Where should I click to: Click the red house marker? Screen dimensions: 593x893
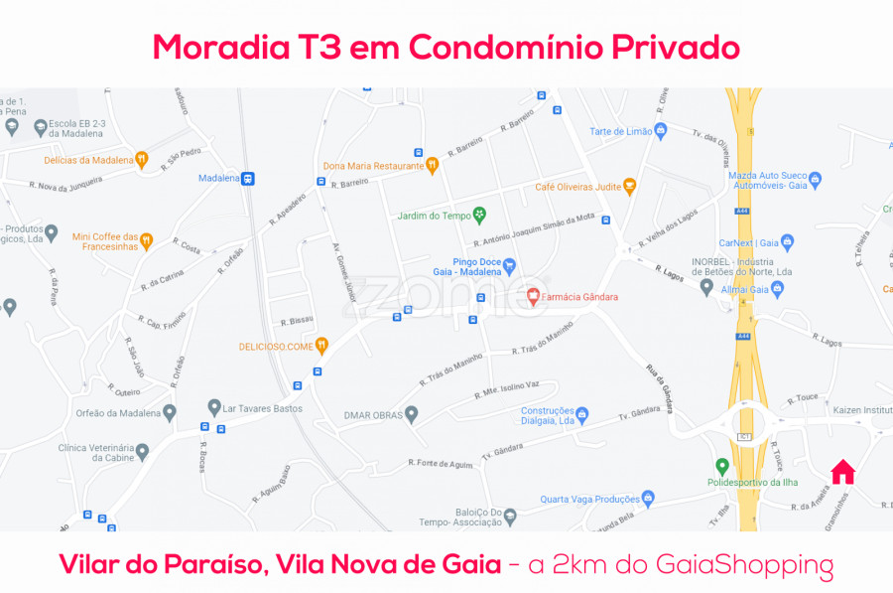click(x=842, y=471)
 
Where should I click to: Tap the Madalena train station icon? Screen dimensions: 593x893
click(x=248, y=179)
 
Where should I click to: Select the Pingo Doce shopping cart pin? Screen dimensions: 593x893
click(x=509, y=265)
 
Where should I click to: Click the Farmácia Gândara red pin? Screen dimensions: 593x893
click(x=533, y=296)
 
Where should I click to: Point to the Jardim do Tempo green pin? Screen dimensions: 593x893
click(x=479, y=215)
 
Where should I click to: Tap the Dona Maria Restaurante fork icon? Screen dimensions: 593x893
click(x=432, y=166)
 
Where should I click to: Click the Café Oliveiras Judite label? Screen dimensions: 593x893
click(x=578, y=187)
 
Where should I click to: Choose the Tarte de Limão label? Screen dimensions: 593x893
click(x=621, y=131)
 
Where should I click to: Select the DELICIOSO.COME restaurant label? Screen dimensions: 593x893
click(x=276, y=347)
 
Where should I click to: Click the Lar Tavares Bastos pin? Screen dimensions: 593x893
click(x=214, y=407)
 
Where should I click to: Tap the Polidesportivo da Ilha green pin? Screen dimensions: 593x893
click(x=722, y=466)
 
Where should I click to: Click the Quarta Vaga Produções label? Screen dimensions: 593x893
click(x=589, y=500)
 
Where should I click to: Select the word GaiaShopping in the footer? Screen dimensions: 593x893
click(x=745, y=565)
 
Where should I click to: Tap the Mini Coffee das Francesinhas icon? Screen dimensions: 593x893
click(x=147, y=240)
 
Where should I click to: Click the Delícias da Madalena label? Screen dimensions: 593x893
click(x=88, y=159)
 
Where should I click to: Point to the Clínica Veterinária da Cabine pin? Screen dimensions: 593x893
click(x=142, y=452)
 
